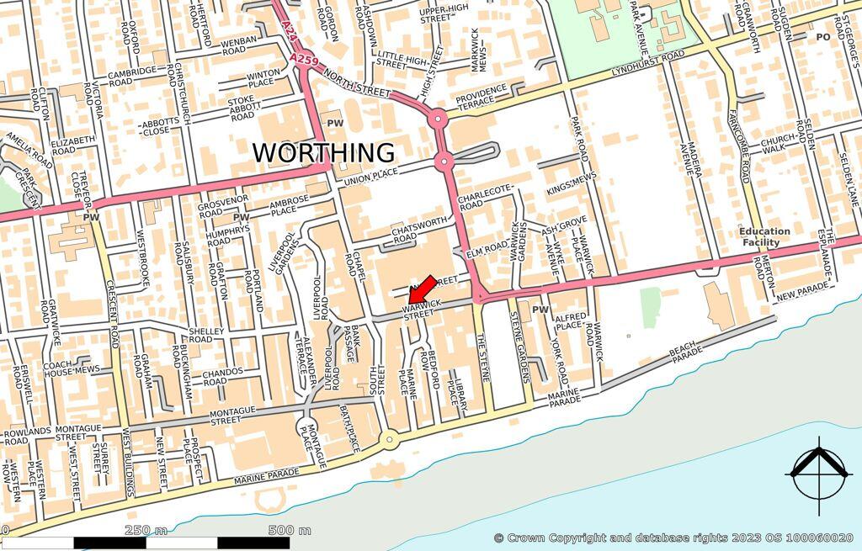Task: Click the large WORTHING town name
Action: (x=324, y=153)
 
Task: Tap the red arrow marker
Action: (x=422, y=289)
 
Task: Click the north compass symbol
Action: (x=817, y=474)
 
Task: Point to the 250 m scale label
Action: (x=146, y=530)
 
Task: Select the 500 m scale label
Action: (x=290, y=530)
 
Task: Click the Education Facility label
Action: (x=764, y=236)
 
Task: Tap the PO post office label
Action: (x=822, y=37)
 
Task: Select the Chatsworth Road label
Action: (x=417, y=232)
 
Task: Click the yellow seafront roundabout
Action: (x=388, y=438)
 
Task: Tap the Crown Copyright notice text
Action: (x=673, y=538)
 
